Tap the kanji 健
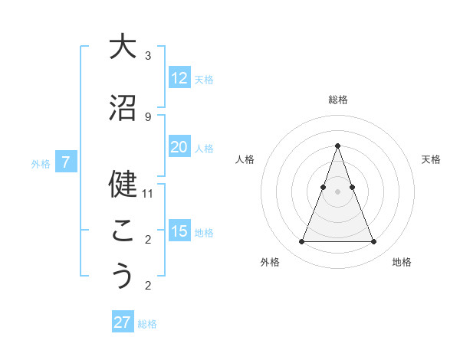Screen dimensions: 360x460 (122, 184)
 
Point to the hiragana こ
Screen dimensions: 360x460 (122, 230)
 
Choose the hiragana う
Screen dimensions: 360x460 (122, 276)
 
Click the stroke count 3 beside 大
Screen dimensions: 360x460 (148, 56)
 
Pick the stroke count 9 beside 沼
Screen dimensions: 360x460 (148, 116)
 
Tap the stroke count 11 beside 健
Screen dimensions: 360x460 (148, 194)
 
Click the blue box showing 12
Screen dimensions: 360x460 (179, 78)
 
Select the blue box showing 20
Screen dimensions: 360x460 (179, 147)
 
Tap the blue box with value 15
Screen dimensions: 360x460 (179, 231)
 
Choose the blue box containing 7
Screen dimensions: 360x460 (67, 162)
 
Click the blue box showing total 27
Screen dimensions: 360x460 (123, 322)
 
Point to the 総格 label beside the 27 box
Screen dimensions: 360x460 (147, 324)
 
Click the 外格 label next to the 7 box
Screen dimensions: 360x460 (41, 163)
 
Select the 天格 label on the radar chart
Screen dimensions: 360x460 (431, 159)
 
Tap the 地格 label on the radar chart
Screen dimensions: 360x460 (402, 262)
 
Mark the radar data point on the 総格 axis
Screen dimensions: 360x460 (337, 146)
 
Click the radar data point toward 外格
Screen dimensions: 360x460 (301, 242)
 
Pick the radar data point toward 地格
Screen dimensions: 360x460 (373, 242)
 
